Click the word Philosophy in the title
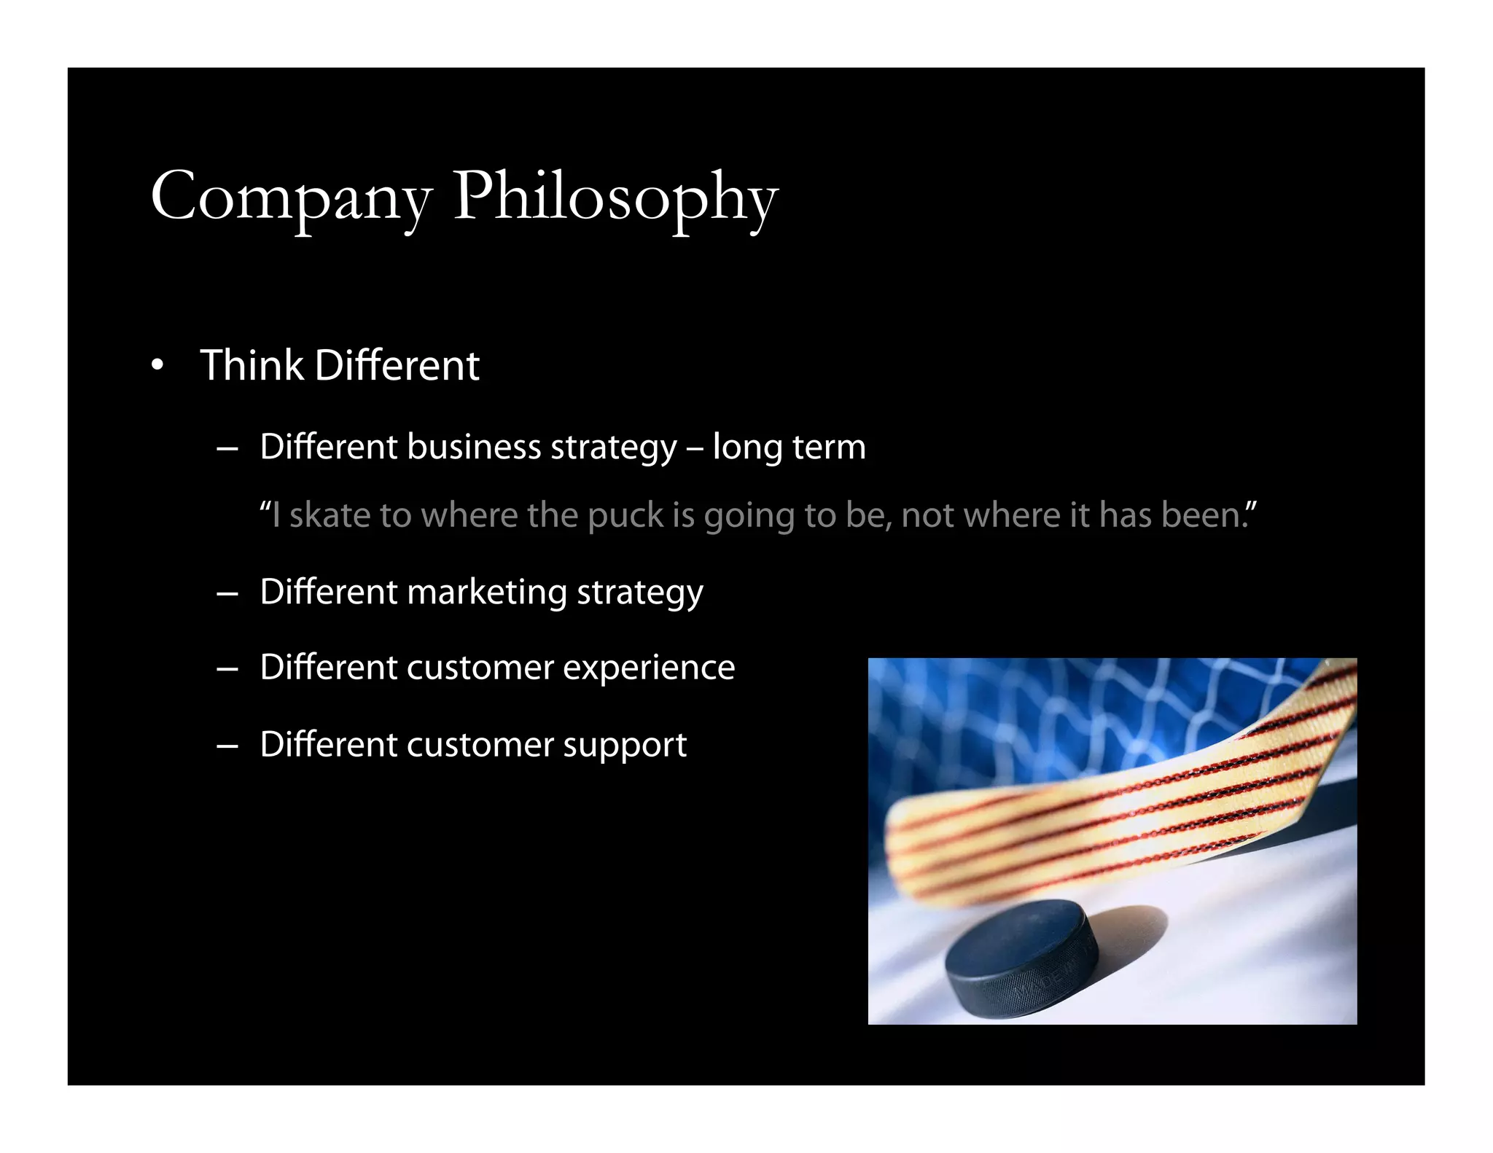[616, 197]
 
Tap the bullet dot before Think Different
[157, 366]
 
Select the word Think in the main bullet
[252, 365]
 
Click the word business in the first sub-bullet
[474, 447]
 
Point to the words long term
[789, 447]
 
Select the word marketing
[486, 592]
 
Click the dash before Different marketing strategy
[227, 594]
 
